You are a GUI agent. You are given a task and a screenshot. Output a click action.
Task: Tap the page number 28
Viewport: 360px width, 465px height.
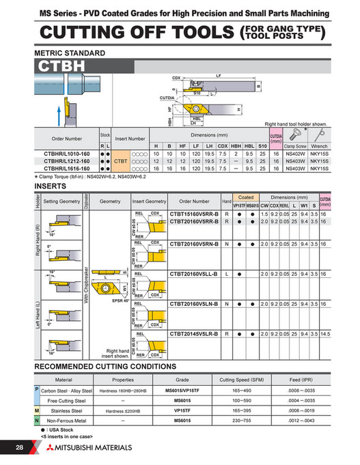18,447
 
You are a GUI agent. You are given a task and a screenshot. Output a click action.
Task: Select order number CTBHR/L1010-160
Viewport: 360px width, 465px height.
66,154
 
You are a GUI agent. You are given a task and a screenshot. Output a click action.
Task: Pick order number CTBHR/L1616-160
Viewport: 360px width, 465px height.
66,168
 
